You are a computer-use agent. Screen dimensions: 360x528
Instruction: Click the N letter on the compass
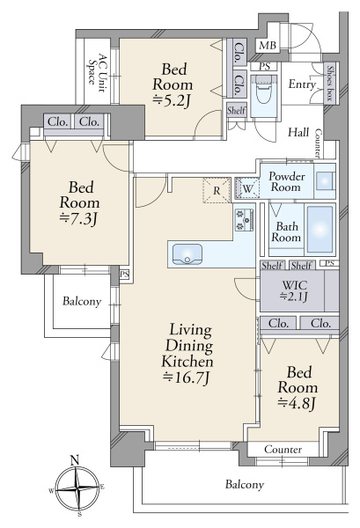point(75,459)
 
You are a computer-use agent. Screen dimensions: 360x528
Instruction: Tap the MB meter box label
point(268,46)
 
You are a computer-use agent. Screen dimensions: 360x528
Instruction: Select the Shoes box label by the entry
point(330,82)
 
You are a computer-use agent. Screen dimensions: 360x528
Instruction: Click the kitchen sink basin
point(187,254)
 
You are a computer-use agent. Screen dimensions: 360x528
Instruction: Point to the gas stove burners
point(245,219)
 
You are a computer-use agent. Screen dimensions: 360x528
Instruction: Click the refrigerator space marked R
point(217,191)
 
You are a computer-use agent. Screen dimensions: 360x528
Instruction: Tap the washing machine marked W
point(246,188)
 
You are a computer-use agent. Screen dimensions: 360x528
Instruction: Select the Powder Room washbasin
point(325,181)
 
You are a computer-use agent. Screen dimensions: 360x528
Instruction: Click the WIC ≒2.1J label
point(294,291)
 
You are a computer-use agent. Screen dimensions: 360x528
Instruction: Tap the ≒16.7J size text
point(187,378)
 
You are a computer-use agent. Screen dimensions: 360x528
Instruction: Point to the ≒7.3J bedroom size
point(78,218)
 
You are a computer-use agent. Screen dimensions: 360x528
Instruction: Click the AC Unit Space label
point(98,72)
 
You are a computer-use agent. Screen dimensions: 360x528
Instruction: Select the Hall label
point(298,132)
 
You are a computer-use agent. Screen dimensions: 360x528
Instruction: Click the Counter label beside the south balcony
point(283,449)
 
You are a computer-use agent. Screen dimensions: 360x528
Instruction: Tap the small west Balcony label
point(82,301)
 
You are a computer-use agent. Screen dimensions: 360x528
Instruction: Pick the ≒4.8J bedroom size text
point(298,403)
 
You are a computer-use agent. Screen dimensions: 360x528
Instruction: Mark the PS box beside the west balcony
point(124,275)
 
